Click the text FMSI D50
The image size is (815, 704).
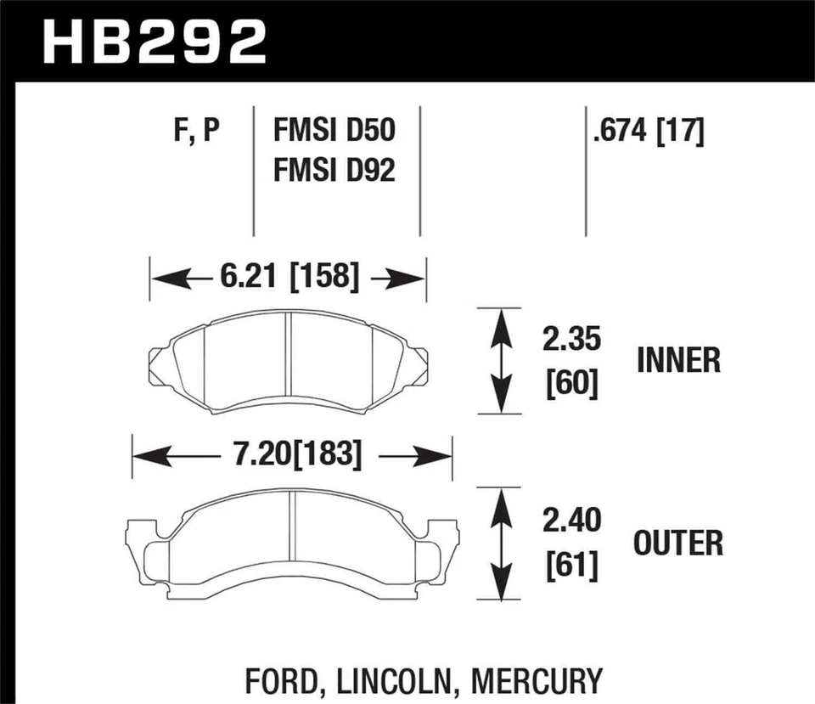click(334, 132)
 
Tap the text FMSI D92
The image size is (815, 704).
click(334, 172)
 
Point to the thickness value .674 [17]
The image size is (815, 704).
click(649, 132)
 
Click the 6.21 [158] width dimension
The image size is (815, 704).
click(288, 277)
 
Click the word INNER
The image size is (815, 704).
click(678, 361)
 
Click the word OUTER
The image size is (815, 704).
click(678, 543)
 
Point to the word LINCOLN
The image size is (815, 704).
click(381, 681)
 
